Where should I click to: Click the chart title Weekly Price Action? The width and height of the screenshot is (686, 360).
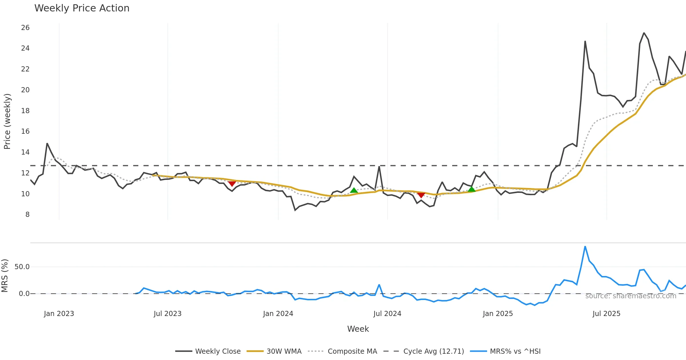click(82, 8)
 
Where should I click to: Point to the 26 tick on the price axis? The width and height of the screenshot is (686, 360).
click(25, 28)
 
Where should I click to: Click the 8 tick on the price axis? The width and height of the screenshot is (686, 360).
click(27, 215)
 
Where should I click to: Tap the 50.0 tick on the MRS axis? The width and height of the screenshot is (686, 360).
click(22, 267)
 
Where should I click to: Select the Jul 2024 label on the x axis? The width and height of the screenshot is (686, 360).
click(387, 314)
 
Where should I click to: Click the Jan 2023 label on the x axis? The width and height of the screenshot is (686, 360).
click(59, 314)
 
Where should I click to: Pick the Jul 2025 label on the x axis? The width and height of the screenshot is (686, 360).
click(606, 314)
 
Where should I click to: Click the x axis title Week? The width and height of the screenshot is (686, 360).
click(358, 329)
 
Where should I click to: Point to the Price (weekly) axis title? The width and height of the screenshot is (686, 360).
click(7, 121)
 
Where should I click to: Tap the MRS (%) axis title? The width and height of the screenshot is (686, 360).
click(5, 276)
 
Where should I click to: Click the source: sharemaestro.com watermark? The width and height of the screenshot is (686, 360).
click(631, 296)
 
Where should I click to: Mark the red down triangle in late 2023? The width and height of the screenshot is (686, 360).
click(232, 184)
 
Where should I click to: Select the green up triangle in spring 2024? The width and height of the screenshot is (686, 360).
click(354, 190)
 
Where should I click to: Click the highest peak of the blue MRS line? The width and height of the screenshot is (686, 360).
click(585, 247)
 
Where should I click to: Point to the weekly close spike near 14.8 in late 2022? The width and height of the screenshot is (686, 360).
click(47, 144)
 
